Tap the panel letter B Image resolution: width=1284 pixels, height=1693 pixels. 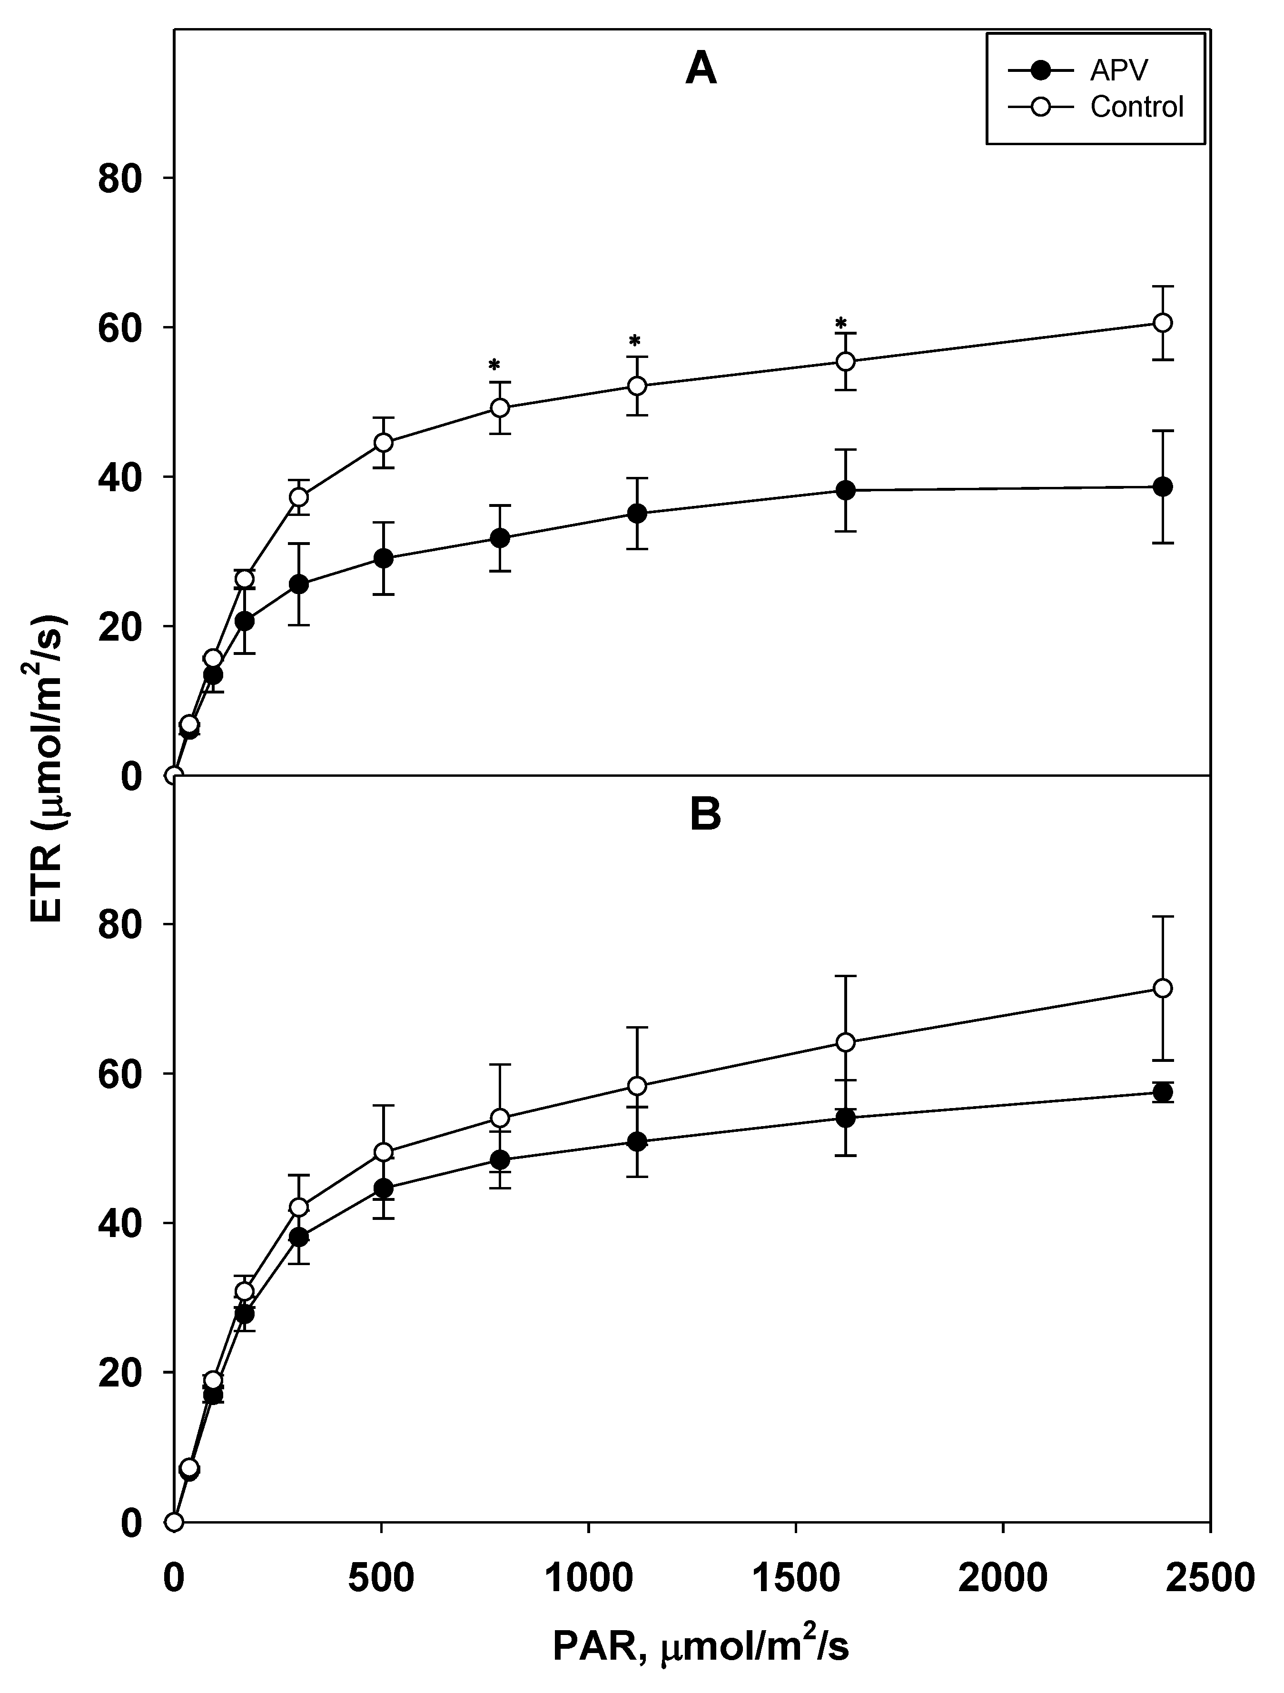coord(705,816)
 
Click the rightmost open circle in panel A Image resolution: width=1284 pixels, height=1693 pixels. coord(1162,323)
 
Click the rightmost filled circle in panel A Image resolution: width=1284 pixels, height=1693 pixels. coord(1162,487)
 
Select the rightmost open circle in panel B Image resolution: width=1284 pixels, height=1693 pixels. coord(1162,989)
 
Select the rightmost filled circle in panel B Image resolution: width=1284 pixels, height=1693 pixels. coord(1162,1092)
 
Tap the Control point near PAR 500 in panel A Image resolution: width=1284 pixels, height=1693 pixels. coord(384,442)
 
